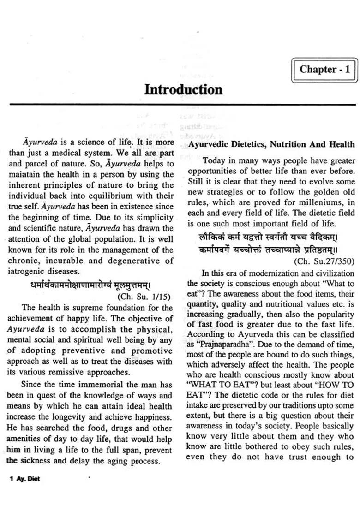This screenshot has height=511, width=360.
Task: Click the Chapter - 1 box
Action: tap(324, 70)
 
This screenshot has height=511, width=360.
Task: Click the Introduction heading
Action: tap(183, 89)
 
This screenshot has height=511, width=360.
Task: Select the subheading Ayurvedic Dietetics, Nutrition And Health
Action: tap(271, 144)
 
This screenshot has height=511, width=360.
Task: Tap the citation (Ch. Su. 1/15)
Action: tap(144, 297)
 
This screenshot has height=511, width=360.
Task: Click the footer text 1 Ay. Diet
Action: tap(24, 479)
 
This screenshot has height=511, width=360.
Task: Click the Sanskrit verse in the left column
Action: tap(90, 285)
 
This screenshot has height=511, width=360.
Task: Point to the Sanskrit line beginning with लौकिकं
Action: tap(269, 237)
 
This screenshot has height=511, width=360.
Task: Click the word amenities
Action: tap(26, 439)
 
